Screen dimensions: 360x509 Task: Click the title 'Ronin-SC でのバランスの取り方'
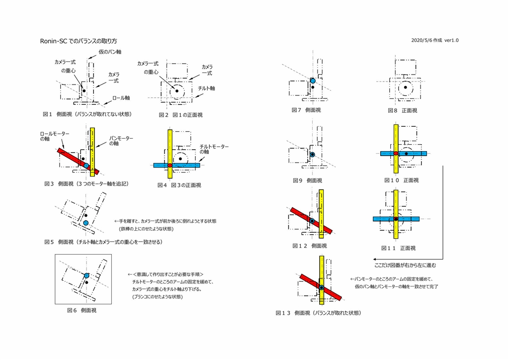click(x=79, y=41)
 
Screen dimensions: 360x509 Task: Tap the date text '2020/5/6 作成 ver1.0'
click(x=435, y=40)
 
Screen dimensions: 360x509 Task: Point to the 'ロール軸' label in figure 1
click(x=121, y=98)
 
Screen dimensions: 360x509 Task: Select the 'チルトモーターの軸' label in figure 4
click(x=214, y=149)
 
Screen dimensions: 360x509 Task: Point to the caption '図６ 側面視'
click(x=82, y=310)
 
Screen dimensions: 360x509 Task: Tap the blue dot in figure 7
click(x=313, y=81)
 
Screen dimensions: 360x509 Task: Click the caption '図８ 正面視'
click(x=403, y=110)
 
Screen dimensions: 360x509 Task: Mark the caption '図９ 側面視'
click(x=307, y=180)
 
